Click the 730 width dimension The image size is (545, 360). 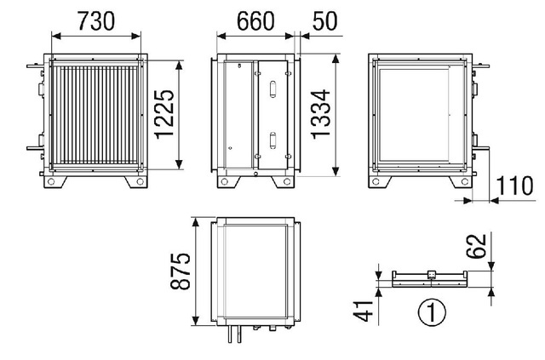(x=95, y=20)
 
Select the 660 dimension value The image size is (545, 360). (x=255, y=20)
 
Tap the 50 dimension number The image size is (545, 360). (x=324, y=20)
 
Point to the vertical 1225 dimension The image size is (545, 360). (x=164, y=114)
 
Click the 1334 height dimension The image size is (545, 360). (x=320, y=114)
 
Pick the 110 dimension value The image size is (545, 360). (x=514, y=186)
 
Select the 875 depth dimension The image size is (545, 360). (x=180, y=271)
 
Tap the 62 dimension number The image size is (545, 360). (x=476, y=246)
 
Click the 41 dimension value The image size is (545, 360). (x=364, y=311)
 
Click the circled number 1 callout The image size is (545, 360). (x=432, y=312)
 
